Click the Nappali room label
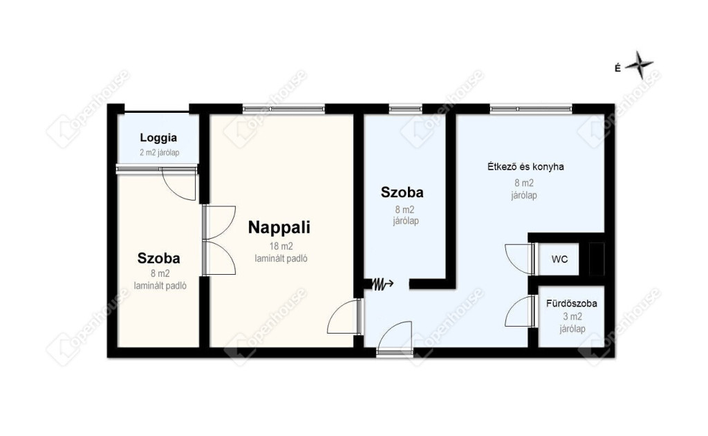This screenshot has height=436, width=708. [279, 227]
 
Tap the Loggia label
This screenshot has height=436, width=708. [158, 138]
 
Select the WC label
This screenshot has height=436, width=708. [559, 260]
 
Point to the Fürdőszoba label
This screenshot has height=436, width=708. [572, 304]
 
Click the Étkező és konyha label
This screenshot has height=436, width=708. [525, 167]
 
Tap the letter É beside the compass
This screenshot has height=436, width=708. [617, 69]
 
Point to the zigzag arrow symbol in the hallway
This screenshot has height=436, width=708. [382, 284]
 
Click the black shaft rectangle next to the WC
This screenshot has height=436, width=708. [597, 259]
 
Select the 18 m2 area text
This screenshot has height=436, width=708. [281, 246]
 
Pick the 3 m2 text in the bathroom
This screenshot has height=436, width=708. [572, 316]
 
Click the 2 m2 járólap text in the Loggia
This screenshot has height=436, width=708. [160, 153]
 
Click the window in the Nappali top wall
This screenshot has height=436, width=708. [283, 109]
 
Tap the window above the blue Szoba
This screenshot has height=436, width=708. [405, 109]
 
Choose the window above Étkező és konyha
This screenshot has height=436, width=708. [531, 109]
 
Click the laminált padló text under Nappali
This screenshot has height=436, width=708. [281, 259]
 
